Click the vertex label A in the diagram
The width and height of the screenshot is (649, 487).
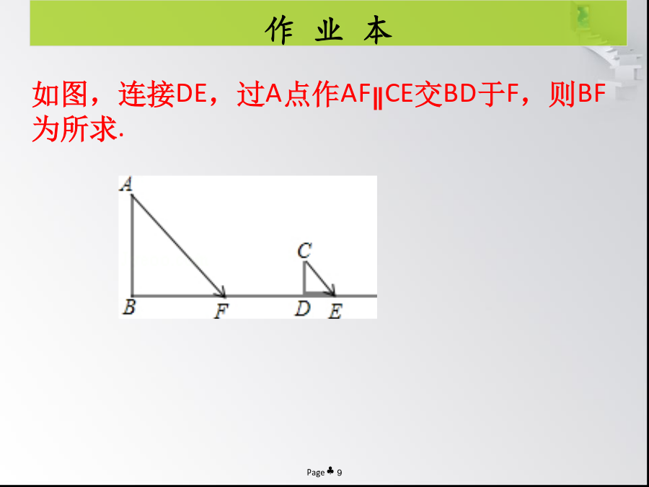click(x=126, y=184)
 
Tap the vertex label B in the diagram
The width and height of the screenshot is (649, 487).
click(x=129, y=307)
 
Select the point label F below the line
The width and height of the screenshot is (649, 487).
click(x=221, y=312)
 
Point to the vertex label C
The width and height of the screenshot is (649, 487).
click(x=304, y=250)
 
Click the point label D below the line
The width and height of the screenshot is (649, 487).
click(x=303, y=309)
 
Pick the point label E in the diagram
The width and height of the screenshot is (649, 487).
click(x=335, y=312)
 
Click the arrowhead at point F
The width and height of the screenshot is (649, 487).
click(x=222, y=293)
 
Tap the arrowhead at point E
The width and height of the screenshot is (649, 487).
click(x=332, y=291)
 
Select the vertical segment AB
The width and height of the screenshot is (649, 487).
click(x=132, y=245)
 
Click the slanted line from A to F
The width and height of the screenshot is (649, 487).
click(x=178, y=245)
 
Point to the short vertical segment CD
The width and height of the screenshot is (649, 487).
click(x=304, y=278)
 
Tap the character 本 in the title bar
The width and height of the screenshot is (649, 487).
click(x=378, y=30)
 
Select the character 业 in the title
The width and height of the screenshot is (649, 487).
click(x=329, y=30)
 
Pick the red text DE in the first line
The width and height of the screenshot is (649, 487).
click(x=191, y=95)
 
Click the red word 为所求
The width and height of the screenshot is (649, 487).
click(x=74, y=129)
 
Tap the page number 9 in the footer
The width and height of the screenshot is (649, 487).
click(x=340, y=472)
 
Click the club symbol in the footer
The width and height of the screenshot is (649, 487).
click(x=330, y=470)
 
